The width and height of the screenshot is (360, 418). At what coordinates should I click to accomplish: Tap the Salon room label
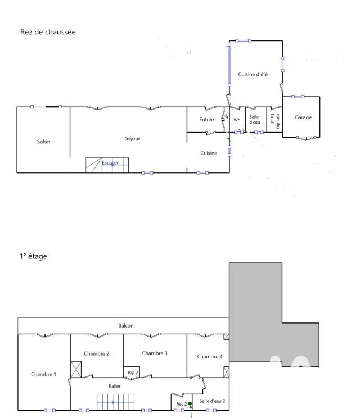point(43,142)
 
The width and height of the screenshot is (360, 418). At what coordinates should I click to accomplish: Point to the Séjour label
point(133,138)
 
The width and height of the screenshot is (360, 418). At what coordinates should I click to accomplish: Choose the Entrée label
point(206,119)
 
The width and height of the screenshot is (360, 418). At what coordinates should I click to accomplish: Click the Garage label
point(303,117)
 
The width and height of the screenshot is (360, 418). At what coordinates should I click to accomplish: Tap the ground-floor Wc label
point(237,120)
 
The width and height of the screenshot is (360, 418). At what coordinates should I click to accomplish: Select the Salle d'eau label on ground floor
point(254,119)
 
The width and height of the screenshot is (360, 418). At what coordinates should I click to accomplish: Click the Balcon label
point(126,325)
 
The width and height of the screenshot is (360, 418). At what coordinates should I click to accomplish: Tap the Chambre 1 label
point(43,374)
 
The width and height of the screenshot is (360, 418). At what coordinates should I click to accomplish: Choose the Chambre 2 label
point(96,353)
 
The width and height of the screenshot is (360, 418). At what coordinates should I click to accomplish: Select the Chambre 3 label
point(155,353)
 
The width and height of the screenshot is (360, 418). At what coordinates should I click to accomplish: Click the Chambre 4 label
point(210,356)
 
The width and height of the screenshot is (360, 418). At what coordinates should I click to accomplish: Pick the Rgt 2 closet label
point(133,372)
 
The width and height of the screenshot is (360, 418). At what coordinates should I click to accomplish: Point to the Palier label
point(115,386)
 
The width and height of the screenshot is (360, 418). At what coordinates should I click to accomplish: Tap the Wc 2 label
point(181,403)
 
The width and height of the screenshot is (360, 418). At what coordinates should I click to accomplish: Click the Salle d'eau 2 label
point(212,401)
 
